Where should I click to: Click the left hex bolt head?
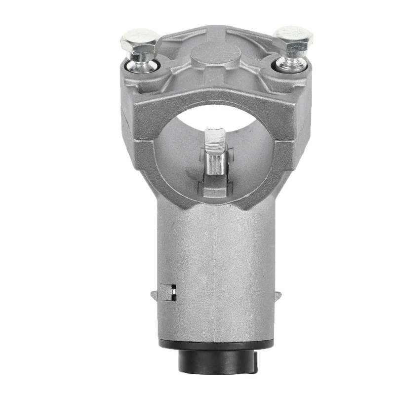pyautogui.click(x=140, y=41)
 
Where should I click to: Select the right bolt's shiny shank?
pyautogui.click(x=291, y=60)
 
